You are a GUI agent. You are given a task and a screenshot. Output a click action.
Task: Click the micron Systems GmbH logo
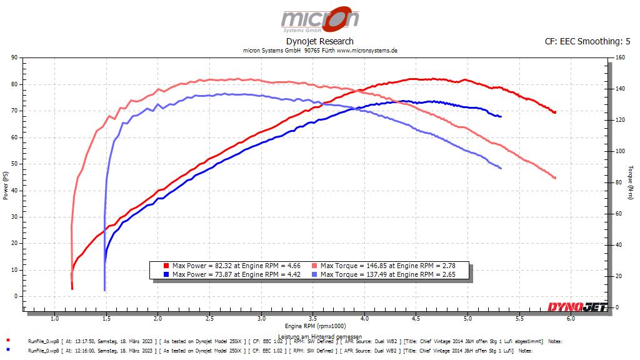pos(319,19)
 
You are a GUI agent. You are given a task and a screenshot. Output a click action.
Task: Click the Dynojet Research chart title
pos(319,41)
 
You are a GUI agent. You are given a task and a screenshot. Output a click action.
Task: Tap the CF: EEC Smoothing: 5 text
pos(587,41)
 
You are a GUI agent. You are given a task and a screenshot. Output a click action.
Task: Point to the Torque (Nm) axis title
pos(631,182)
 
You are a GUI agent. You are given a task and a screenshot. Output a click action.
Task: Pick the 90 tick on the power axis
pos(14,57)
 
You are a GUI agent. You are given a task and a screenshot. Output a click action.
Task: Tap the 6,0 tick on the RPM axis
pos(571,318)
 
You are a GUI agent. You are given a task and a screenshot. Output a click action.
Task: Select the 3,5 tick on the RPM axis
pos(312,318)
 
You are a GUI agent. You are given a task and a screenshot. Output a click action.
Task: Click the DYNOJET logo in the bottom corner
pos(577,306)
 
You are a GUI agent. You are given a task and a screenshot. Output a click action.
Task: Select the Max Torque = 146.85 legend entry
pos(387,266)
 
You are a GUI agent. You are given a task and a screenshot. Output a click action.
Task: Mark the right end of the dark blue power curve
pos(501,116)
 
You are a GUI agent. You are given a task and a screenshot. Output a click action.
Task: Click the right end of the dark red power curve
pos(555,112)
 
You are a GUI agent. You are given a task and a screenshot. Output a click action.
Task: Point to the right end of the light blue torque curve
pos(501,168)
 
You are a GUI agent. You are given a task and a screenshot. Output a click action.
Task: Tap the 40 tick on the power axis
pos(14,190)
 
